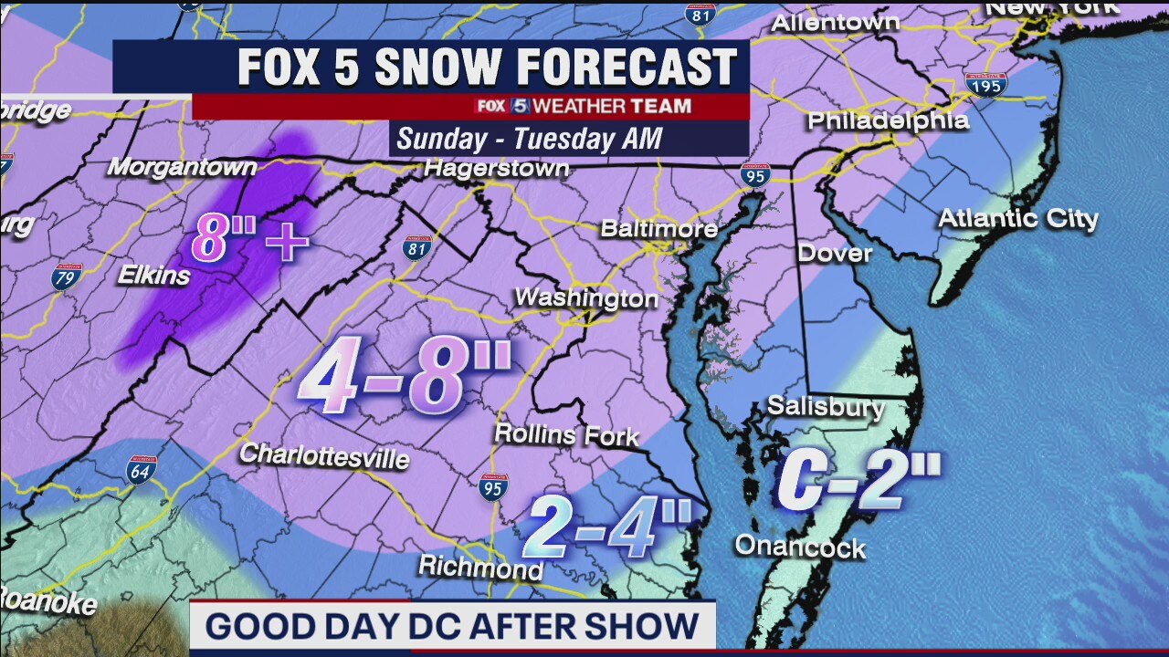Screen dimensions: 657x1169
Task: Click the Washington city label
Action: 585,298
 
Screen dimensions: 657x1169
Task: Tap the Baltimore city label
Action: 658,228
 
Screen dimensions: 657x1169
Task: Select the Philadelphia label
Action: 888,120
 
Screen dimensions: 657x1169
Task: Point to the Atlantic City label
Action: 1017,219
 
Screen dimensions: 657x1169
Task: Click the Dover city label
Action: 835,253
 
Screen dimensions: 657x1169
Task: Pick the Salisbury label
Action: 826,406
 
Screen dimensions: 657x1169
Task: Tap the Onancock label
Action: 800,547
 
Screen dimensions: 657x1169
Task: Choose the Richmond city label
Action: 480,568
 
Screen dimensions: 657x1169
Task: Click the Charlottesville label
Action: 323,454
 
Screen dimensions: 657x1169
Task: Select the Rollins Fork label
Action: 566,434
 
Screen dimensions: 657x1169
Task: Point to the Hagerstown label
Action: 497,169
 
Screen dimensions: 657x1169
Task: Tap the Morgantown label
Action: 182,168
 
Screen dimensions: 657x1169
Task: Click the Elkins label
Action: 153,275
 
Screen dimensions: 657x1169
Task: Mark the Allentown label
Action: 835,23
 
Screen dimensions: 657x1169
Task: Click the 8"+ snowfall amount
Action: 249,244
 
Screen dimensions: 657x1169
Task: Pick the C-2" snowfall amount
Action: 858,481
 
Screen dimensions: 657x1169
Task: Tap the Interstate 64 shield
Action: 142,469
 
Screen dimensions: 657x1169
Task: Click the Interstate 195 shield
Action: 985,84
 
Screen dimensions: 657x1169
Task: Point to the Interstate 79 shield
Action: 66,276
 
